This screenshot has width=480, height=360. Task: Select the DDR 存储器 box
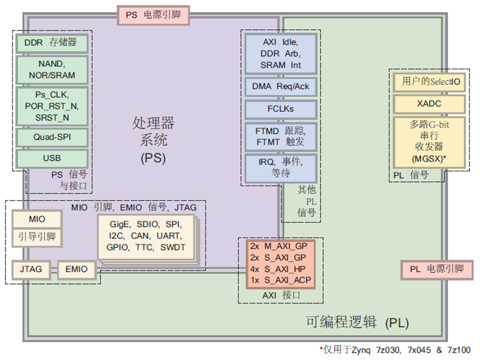pos(52,42)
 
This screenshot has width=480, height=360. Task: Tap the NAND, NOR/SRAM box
pos(52,69)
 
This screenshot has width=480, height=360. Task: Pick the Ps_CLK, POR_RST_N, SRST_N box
pos(52,105)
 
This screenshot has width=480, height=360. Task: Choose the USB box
pos(52,158)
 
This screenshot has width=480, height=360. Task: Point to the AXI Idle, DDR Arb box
pos(280,53)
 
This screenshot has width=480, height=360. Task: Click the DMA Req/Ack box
pos(280,87)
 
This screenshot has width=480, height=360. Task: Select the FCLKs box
pos(280,109)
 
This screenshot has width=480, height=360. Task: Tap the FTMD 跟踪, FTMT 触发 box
pos(280,136)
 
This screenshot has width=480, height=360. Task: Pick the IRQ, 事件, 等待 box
pos(280,166)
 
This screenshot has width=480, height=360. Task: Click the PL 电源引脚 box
pos(436,269)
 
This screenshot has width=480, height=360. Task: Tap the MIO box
pos(37,219)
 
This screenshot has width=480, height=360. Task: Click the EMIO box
pos(76,270)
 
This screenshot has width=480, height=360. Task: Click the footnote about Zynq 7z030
pos(395,350)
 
